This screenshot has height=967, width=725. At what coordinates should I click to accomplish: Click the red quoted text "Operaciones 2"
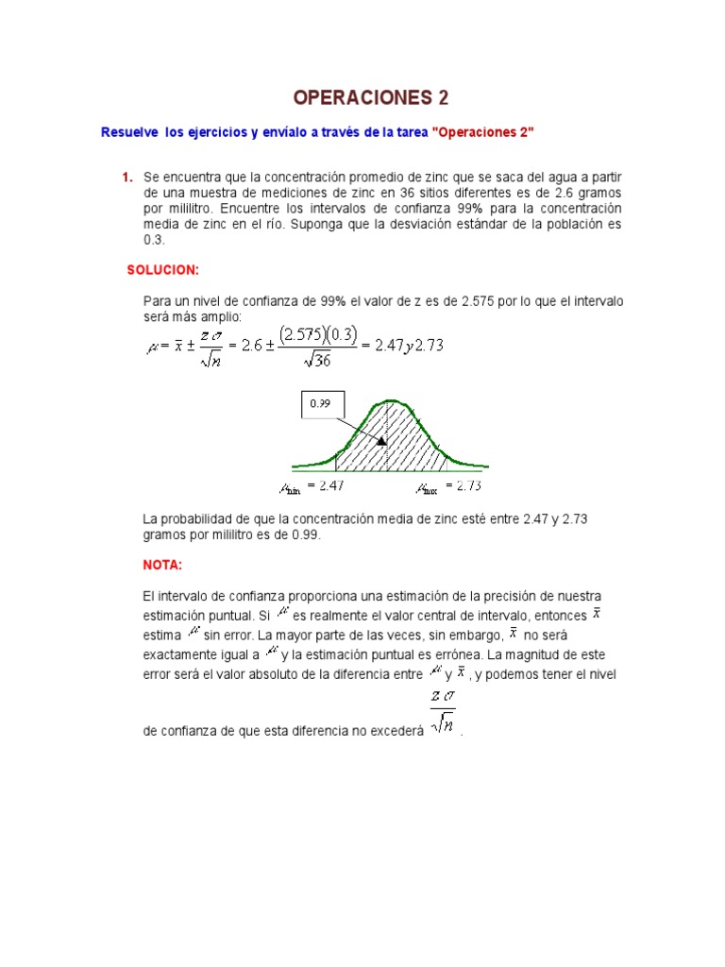pos(482,133)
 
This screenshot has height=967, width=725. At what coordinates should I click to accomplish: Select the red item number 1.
pos(126,178)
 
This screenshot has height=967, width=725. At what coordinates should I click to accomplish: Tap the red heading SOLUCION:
pos(163,270)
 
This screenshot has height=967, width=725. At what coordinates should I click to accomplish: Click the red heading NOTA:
pos(161,565)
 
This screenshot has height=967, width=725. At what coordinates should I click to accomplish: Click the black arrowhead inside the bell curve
pos(380,439)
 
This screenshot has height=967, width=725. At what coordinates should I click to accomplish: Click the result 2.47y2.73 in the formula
pos(409,346)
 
